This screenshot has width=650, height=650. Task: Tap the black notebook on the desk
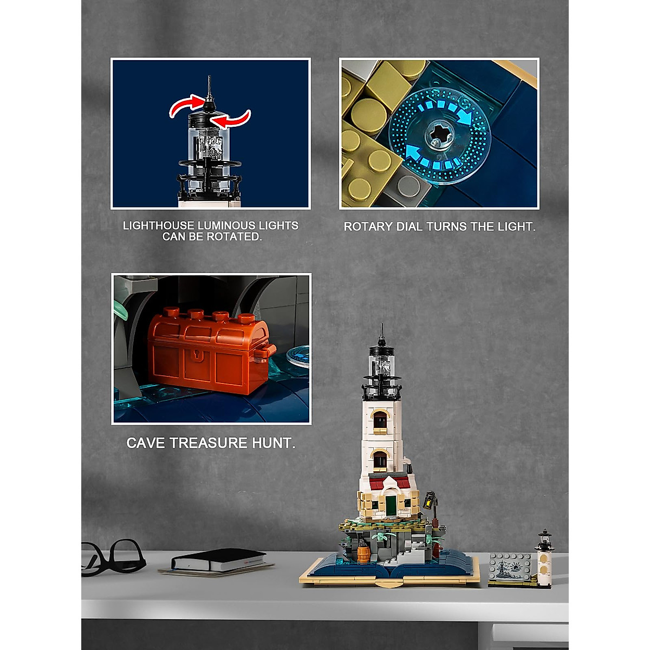click(x=217, y=559)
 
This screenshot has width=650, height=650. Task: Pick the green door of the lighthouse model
click(x=391, y=504)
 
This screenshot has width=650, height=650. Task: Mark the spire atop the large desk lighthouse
click(x=382, y=333)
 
